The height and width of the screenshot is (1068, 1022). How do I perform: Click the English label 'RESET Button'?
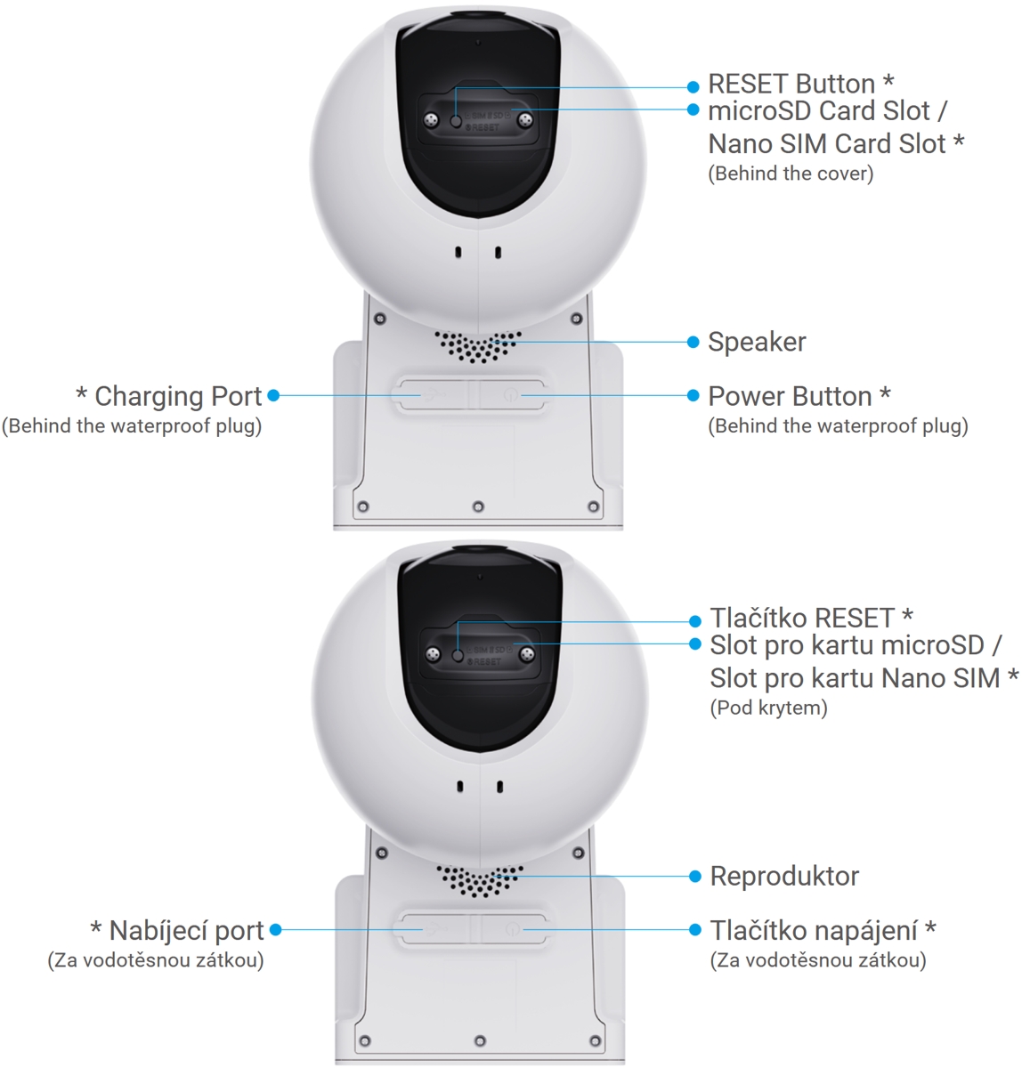[791, 85]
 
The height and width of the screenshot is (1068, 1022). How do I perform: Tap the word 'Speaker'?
[757, 342]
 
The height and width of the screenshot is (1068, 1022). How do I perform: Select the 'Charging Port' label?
[178, 396]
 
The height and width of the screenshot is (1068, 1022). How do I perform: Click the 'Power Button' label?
[790, 396]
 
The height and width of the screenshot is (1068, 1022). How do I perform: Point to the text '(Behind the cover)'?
[791, 174]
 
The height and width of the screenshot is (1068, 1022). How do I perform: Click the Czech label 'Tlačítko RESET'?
[802, 619]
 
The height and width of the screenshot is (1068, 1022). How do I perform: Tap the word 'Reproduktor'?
[784, 877]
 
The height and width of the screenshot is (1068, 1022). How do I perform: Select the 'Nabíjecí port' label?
[187, 931]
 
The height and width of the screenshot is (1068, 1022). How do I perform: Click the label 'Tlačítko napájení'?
[814, 931]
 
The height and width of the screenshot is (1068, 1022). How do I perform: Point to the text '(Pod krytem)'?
[768, 708]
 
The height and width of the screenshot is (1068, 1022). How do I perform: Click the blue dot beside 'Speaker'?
[693, 343]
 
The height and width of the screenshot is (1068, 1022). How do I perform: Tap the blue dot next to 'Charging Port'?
[273, 395]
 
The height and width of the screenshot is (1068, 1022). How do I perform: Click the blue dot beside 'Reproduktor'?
[695, 877]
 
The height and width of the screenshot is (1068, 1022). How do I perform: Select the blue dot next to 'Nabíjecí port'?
[276, 929]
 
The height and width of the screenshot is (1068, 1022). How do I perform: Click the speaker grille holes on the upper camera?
[477, 346]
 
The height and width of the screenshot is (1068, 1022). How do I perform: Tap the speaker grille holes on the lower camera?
[480, 880]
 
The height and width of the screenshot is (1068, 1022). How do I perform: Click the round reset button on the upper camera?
[456, 121]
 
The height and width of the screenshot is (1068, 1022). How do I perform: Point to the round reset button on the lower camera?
[458, 655]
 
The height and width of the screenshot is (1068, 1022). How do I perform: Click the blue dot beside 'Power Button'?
[693, 395]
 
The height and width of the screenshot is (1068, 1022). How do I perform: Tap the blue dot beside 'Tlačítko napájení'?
[695, 929]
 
